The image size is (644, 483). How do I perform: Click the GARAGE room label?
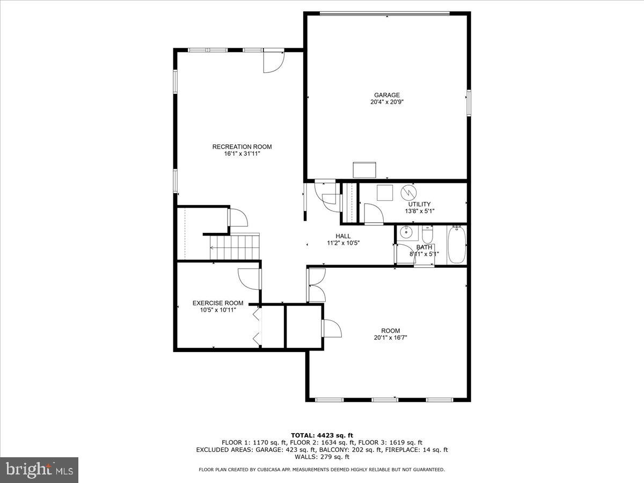click(x=387, y=96)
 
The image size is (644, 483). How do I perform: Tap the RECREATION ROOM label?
click(x=242, y=147)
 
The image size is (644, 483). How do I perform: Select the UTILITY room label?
click(x=419, y=204)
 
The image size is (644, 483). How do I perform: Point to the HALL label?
click(x=343, y=236)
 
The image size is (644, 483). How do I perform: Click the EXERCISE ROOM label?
click(x=218, y=303)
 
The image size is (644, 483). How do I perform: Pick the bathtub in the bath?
click(x=457, y=245)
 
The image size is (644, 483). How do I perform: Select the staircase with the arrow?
click(x=235, y=247)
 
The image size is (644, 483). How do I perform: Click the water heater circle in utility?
click(x=409, y=192)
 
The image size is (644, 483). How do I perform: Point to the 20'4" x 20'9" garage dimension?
click(x=387, y=102)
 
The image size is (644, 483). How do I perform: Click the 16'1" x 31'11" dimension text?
click(x=242, y=153)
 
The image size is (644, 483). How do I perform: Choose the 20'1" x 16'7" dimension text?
click(x=391, y=338)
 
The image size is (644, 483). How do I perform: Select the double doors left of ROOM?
click(x=316, y=285)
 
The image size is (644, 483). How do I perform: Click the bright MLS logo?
click(x=39, y=470)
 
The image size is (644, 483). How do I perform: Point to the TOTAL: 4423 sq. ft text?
click(x=321, y=435)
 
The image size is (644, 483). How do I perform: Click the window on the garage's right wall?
click(x=469, y=103)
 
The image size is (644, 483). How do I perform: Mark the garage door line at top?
click(x=384, y=14)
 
